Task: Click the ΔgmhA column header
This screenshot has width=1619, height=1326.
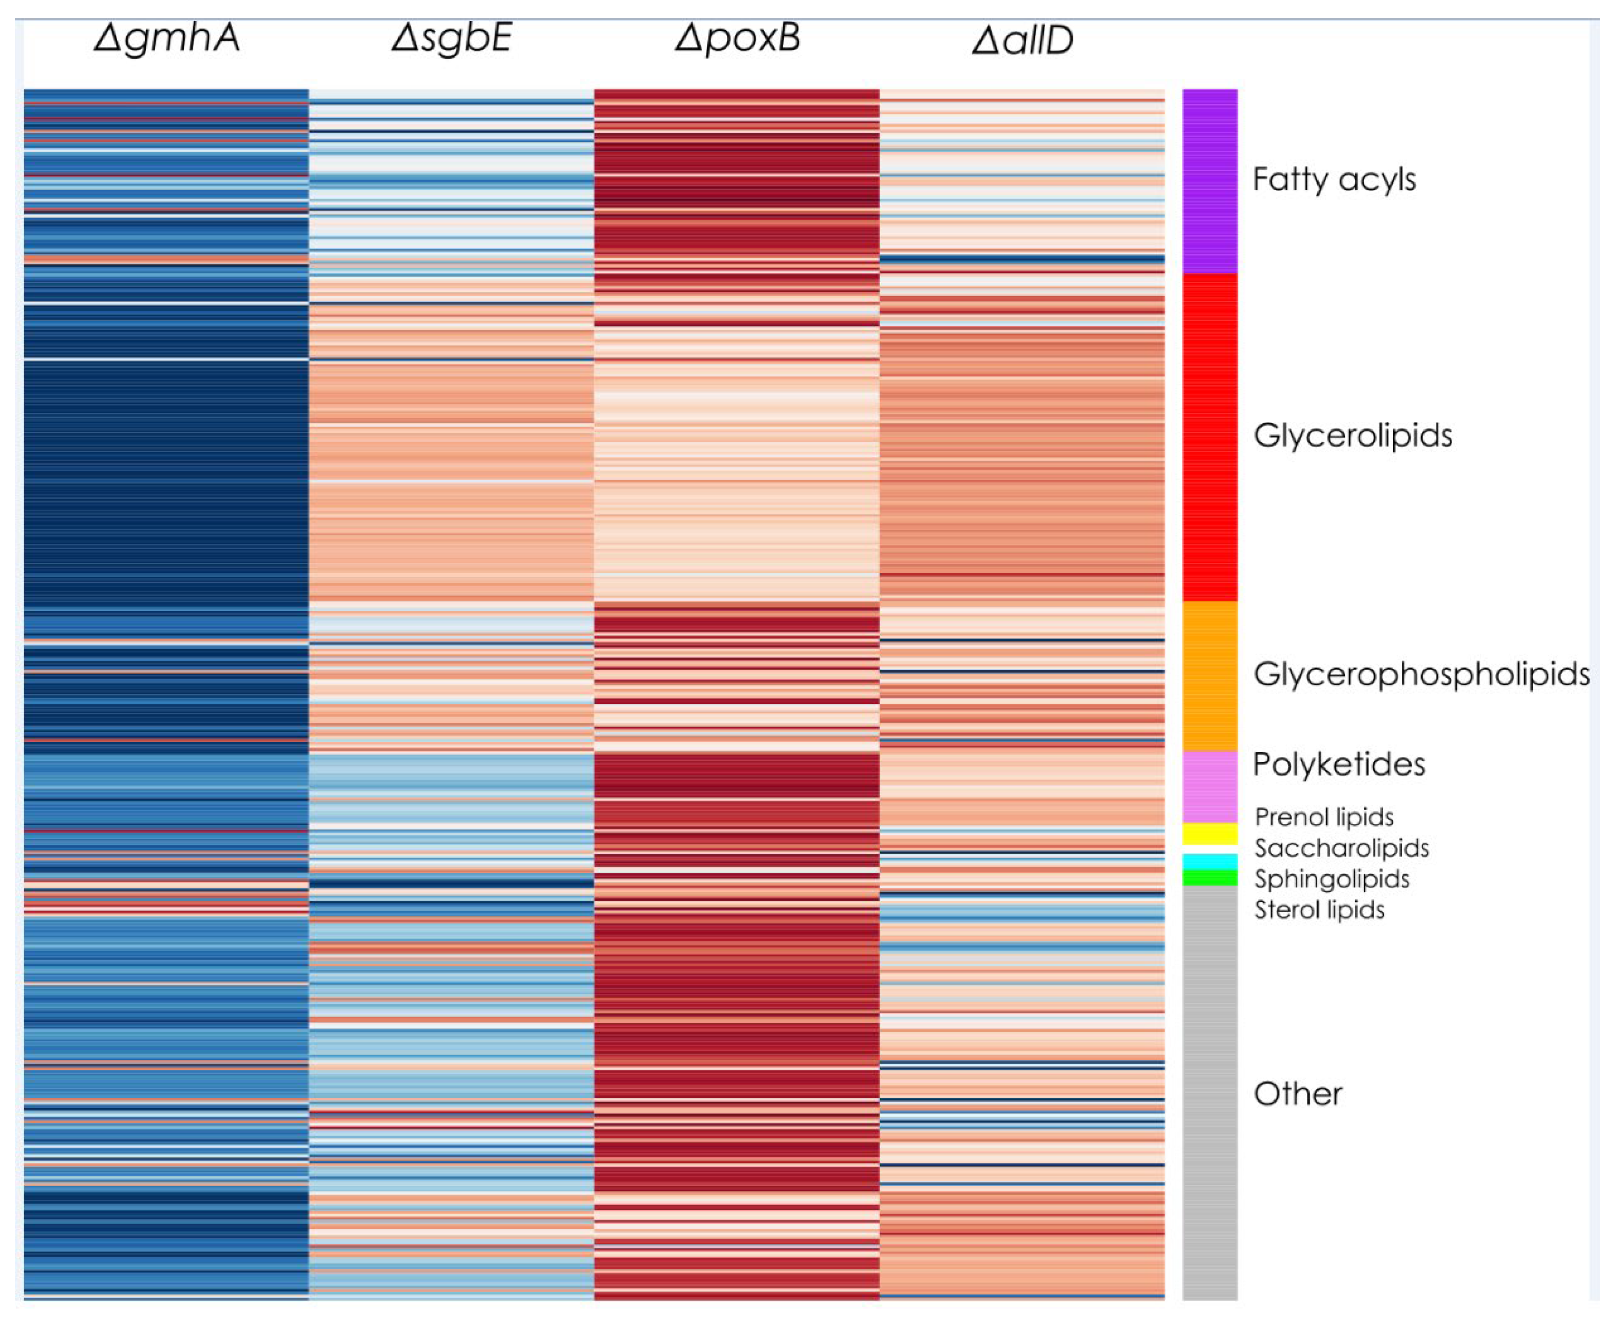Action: click(x=167, y=38)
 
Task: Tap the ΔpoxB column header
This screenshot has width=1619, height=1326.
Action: click(x=737, y=38)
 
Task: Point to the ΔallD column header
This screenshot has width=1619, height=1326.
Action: click(x=1022, y=40)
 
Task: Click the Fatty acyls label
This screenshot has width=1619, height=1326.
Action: click(x=1334, y=180)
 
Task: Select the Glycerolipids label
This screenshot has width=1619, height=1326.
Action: click(x=1352, y=436)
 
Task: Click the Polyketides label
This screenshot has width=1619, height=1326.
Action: click(x=1339, y=764)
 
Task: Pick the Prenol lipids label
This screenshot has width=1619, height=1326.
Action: click(x=1324, y=817)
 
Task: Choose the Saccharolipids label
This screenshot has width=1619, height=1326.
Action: click(x=1341, y=848)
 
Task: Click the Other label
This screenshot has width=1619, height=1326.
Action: click(x=1297, y=1094)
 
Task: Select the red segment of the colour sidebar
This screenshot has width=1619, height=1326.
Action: click(x=1210, y=437)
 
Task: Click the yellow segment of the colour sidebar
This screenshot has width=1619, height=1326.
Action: click(x=1210, y=833)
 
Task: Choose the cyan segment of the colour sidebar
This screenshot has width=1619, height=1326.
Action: click(x=1210, y=862)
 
